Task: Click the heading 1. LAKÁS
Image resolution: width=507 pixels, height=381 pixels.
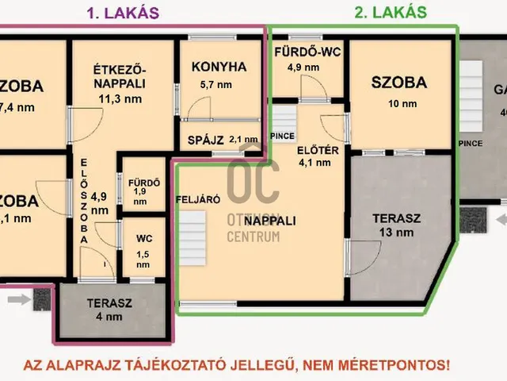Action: [122, 12]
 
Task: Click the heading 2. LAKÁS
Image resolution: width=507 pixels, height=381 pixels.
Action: [390, 12]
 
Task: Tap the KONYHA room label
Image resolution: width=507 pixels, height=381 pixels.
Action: [219, 67]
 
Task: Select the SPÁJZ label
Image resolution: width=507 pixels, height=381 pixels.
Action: [205, 140]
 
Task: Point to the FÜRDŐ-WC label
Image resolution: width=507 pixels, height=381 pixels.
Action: [307, 52]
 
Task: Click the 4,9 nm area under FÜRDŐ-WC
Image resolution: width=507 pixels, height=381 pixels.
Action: [305, 67]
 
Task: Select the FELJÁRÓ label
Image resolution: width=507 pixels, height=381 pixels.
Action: [198, 200]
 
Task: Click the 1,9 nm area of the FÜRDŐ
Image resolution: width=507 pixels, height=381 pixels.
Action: [140, 197]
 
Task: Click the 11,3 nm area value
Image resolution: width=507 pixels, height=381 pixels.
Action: [120, 99]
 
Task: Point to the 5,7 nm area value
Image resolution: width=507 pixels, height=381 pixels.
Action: [216, 84]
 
